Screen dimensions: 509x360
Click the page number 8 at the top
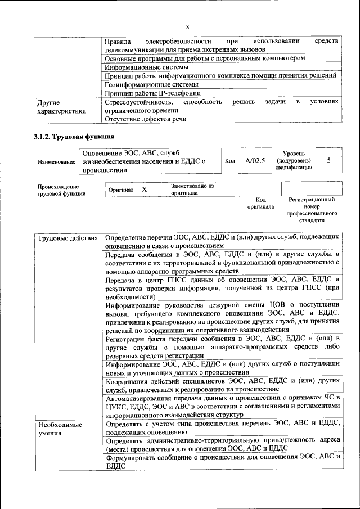(188, 27)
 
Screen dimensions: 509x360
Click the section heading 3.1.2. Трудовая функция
(74, 137)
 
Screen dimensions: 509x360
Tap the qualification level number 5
(328, 161)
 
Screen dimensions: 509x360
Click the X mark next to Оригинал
(144, 190)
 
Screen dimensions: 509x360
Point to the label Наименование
(57, 162)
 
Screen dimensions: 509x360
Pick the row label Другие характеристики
(61, 107)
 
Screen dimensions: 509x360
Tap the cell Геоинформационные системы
(148, 84)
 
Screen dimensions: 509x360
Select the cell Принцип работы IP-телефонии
(152, 93)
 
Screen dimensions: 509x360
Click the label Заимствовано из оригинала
(192, 188)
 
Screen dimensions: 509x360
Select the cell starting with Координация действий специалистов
(222, 385)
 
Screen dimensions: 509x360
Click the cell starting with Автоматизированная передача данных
(222, 406)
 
